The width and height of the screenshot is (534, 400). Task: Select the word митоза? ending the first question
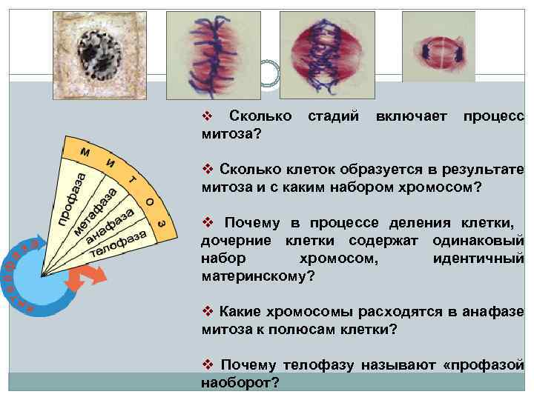[x=230, y=133]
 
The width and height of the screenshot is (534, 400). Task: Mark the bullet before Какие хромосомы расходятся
[x=208, y=311]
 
